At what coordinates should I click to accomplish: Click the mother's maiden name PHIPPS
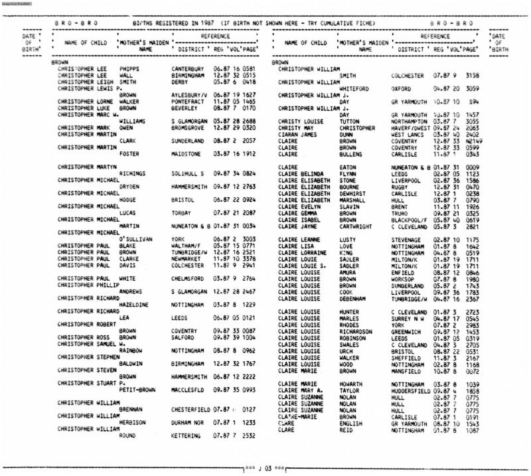point(131,67)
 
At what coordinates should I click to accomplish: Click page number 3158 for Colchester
point(470,75)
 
